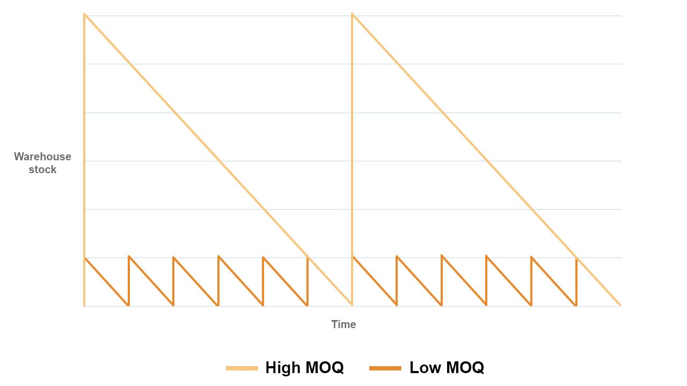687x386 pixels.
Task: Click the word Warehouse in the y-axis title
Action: [x=42, y=157]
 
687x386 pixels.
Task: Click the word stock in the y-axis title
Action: [x=42, y=169]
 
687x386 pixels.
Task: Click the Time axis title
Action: [x=343, y=324]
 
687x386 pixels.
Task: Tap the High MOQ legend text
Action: [x=304, y=368]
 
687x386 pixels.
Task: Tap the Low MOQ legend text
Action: [x=447, y=368]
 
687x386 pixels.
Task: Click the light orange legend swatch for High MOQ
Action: [x=242, y=368]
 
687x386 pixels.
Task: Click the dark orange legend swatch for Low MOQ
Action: [x=385, y=368]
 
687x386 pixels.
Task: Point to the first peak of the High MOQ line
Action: [x=84, y=14]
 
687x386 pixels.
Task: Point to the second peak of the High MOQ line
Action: [x=352, y=14]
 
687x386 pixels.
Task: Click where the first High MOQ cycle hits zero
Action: [x=352, y=305]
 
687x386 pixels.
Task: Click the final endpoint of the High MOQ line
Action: [x=620, y=306]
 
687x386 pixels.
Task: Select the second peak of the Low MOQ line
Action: [x=129, y=256]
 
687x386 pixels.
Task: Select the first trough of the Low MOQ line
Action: [x=128, y=305]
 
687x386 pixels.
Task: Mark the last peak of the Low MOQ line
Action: [x=576, y=258]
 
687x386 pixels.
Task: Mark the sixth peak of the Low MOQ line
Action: [x=308, y=258]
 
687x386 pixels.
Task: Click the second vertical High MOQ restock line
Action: [x=352, y=161]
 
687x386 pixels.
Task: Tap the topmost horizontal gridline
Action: [x=483, y=16]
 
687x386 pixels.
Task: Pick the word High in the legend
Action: [x=283, y=368]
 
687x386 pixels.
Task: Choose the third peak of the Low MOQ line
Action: [x=173, y=257]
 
